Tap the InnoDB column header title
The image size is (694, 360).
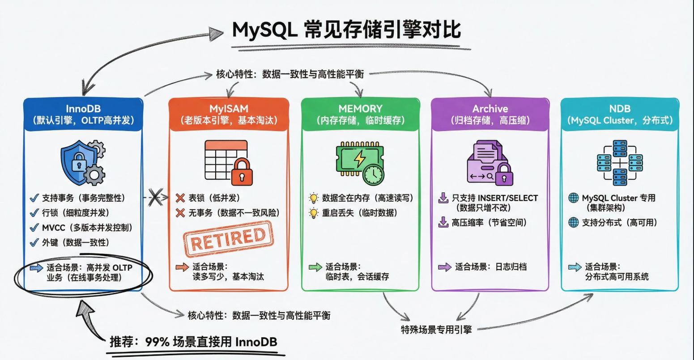[x=83, y=109]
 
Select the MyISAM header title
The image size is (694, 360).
[x=228, y=109]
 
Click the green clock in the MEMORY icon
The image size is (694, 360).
[x=373, y=174]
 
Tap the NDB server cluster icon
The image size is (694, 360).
[x=620, y=163]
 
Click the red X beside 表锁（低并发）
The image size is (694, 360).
[x=180, y=198]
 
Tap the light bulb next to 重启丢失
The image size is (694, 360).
[x=314, y=213]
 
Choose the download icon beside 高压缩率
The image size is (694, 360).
[x=443, y=222]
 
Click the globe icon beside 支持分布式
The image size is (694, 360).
[x=573, y=222]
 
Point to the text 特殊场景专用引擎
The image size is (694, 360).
[x=436, y=330]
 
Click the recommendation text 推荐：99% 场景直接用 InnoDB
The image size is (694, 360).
[x=193, y=342]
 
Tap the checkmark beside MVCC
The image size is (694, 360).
[x=34, y=228]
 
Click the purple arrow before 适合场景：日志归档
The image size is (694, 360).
[x=444, y=267]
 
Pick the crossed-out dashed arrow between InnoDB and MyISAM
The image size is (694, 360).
[x=155, y=197]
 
